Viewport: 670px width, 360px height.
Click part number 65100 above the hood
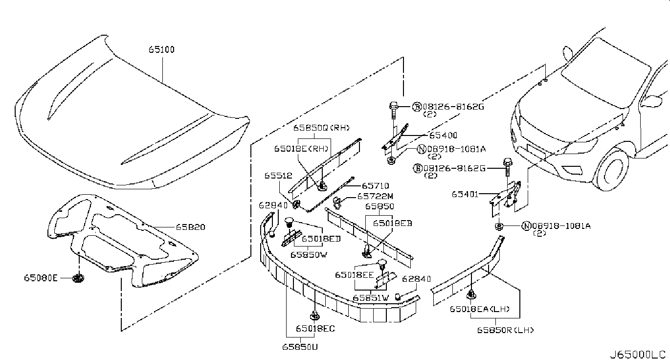click(x=162, y=49)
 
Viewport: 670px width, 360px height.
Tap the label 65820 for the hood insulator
click(x=191, y=227)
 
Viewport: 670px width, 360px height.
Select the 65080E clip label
click(x=41, y=278)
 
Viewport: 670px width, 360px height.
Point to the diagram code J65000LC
click(x=637, y=354)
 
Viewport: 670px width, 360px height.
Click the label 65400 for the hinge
click(x=443, y=135)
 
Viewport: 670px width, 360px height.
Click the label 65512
click(x=278, y=175)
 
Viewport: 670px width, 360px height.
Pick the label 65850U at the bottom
click(x=299, y=346)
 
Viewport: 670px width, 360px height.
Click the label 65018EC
click(x=315, y=328)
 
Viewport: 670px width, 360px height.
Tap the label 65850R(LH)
click(x=506, y=330)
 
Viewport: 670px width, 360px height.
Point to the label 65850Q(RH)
click(x=322, y=128)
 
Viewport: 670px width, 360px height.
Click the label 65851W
click(x=371, y=297)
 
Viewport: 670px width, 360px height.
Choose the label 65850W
click(x=308, y=254)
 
